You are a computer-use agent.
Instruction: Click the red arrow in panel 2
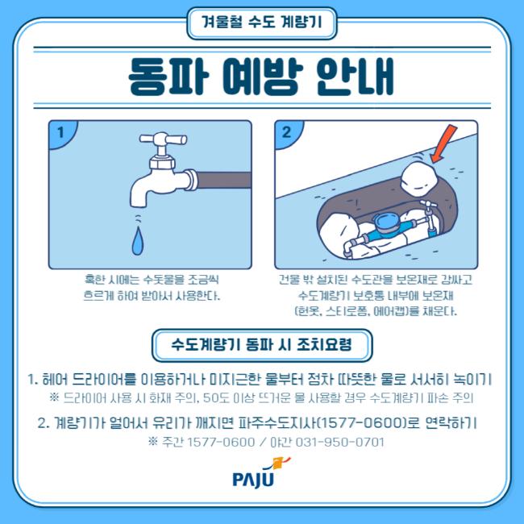(444, 143)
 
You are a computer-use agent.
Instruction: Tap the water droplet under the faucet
(138, 241)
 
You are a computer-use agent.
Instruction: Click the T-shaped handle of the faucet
(164, 139)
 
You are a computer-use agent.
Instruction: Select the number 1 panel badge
(60, 132)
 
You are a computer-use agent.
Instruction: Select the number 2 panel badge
(286, 132)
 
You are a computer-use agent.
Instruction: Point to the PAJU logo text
(253, 479)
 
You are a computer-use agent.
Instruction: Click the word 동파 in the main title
(169, 77)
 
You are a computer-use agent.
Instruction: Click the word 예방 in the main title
(263, 77)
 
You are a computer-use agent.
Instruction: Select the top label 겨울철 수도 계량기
(262, 23)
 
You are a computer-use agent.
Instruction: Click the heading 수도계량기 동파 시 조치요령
(262, 344)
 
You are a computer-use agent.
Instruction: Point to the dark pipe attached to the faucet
(224, 180)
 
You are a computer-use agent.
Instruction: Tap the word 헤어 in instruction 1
(55, 380)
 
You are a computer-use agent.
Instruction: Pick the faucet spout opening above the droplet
(138, 205)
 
